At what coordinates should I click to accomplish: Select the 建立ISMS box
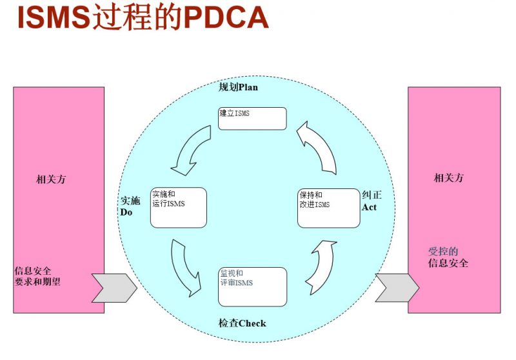pyautogui.click(x=252, y=118)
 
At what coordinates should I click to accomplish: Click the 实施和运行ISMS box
pyautogui.click(x=178, y=207)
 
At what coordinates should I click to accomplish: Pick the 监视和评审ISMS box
pyautogui.click(x=252, y=286)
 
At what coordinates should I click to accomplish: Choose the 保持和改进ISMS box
pyautogui.click(x=328, y=207)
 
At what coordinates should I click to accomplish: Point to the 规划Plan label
pyautogui.click(x=239, y=87)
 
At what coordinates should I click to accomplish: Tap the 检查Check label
pyautogui.click(x=242, y=323)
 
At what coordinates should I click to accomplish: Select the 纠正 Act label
pyautogui.click(x=371, y=200)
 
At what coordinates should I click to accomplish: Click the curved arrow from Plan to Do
pyautogui.click(x=192, y=150)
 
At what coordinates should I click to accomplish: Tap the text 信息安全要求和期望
pyautogui.click(x=37, y=276)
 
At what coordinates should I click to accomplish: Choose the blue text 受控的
pyautogui.click(x=443, y=252)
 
